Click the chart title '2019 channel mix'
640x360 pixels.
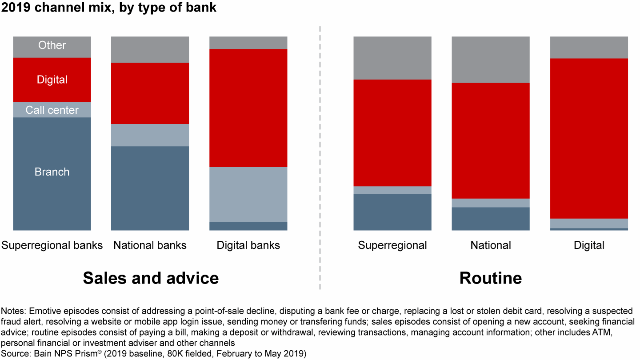click(x=56, y=8)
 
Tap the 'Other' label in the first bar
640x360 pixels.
click(x=52, y=45)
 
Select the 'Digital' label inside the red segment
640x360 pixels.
click(x=52, y=80)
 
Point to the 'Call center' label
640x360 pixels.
click(x=52, y=110)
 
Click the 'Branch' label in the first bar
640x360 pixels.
click(x=52, y=172)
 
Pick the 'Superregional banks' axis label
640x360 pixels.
click(x=52, y=245)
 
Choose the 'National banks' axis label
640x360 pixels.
click(x=150, y=245)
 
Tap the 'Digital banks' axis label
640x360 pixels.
click(x=248, y=245)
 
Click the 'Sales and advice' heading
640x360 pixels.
click(x=151, y=278)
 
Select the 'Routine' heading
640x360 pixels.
click(x=491, y=278)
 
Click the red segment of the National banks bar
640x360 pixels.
click(x=150, y=93)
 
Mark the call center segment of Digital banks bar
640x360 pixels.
click(x=248, y=195)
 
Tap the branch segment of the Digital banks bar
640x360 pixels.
click(x=248, y=226)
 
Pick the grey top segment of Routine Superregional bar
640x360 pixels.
click(x=392, y=58)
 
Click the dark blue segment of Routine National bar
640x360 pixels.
click(x=491, y=219)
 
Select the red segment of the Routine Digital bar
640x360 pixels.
click(x=589, y=139)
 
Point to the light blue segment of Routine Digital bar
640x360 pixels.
click(x=589, y=224)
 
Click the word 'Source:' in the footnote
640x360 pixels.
click(x=16, y=353)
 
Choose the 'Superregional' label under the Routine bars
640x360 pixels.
click(x=392, y=245)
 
